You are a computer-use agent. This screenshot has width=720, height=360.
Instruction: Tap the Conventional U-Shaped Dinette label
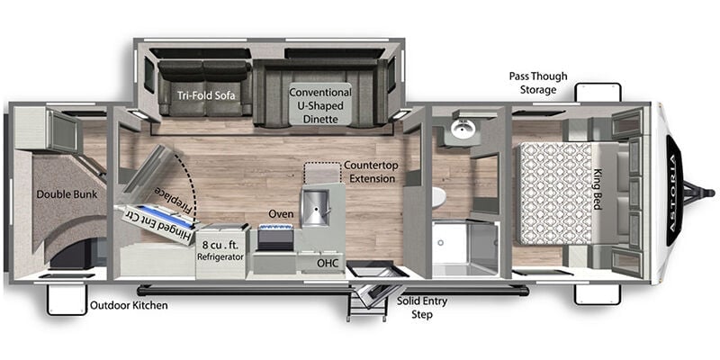point(320,105)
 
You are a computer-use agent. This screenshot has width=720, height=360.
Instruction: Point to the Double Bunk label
point(67,194)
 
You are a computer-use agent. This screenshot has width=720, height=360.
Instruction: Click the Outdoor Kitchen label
point(129,305)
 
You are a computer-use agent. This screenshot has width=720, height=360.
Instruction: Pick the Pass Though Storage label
point(537,83)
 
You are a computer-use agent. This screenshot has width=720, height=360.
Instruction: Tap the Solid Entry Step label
point(422,308)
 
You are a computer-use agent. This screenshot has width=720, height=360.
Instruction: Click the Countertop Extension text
point(370,171)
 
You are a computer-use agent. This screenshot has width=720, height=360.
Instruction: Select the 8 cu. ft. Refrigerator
point(220,251)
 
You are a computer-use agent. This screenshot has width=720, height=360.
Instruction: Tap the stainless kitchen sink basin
point(315,208)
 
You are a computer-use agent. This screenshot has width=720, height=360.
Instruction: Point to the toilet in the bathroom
point(438,197)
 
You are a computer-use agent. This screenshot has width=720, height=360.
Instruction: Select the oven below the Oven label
point(276,238)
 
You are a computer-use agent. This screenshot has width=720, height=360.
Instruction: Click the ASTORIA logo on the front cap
point(674,193)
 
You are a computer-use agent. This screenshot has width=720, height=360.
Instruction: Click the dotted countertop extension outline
point(323,172)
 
